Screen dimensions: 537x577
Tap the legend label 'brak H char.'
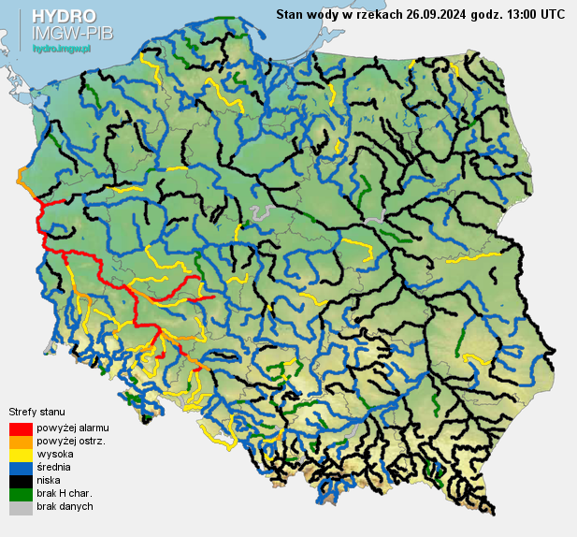65,493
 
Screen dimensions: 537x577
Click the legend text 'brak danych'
65,506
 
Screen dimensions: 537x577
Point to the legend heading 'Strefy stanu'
36,412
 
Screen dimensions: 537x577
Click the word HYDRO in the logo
63,17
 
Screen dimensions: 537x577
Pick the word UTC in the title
552,14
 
